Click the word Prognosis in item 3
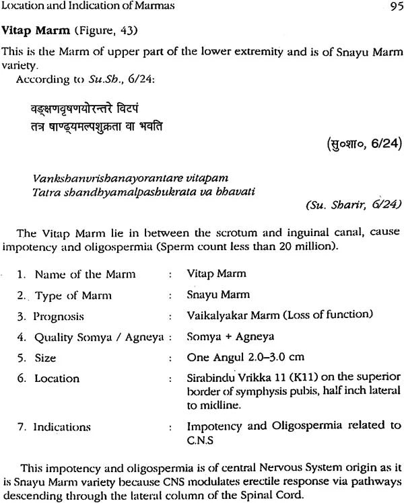(59, 315)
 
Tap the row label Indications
(62, 426)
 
